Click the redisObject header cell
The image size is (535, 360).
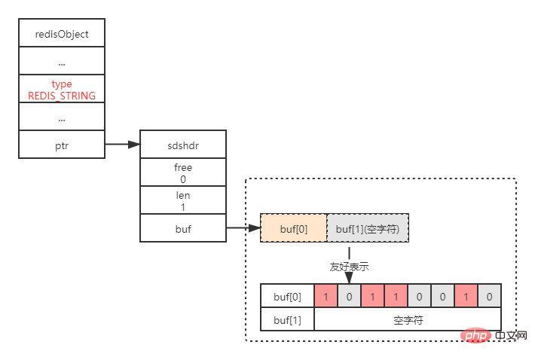point(62,34)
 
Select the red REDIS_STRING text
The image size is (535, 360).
point(62,96)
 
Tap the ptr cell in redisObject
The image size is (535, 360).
point(62,145)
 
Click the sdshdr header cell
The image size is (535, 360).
point(183,145)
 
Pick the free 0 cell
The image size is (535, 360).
point(183,172)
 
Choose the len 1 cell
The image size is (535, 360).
point(183,200)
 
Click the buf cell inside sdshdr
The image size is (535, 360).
point(183,228)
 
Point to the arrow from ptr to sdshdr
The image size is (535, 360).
point(123,145)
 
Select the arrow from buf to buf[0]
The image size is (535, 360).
point(243,228)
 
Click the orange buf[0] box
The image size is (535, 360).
point(294,228)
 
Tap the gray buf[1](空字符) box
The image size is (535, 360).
point(368,228)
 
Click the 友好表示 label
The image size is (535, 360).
point(349,267)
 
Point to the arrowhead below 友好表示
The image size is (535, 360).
point(349,279)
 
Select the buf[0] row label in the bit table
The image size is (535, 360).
point(287,297)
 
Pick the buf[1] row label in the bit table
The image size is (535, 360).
point(287,320)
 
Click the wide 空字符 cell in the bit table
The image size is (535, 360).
point(408,320)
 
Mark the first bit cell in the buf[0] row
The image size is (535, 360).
point(326,297)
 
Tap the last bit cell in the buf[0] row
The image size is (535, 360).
point(489,297)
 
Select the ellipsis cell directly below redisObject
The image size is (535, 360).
point(62,61)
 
